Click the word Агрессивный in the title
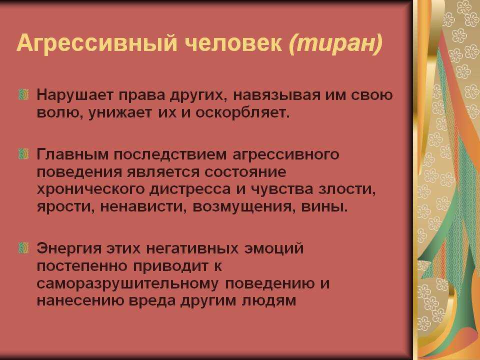96,43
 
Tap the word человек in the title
233,43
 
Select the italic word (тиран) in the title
335,43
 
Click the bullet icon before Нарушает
24,94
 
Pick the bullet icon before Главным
24,153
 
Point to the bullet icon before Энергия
24,247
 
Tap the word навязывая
276,95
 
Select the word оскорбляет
242,113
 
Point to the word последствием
170,155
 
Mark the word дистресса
190,189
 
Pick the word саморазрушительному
128,284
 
